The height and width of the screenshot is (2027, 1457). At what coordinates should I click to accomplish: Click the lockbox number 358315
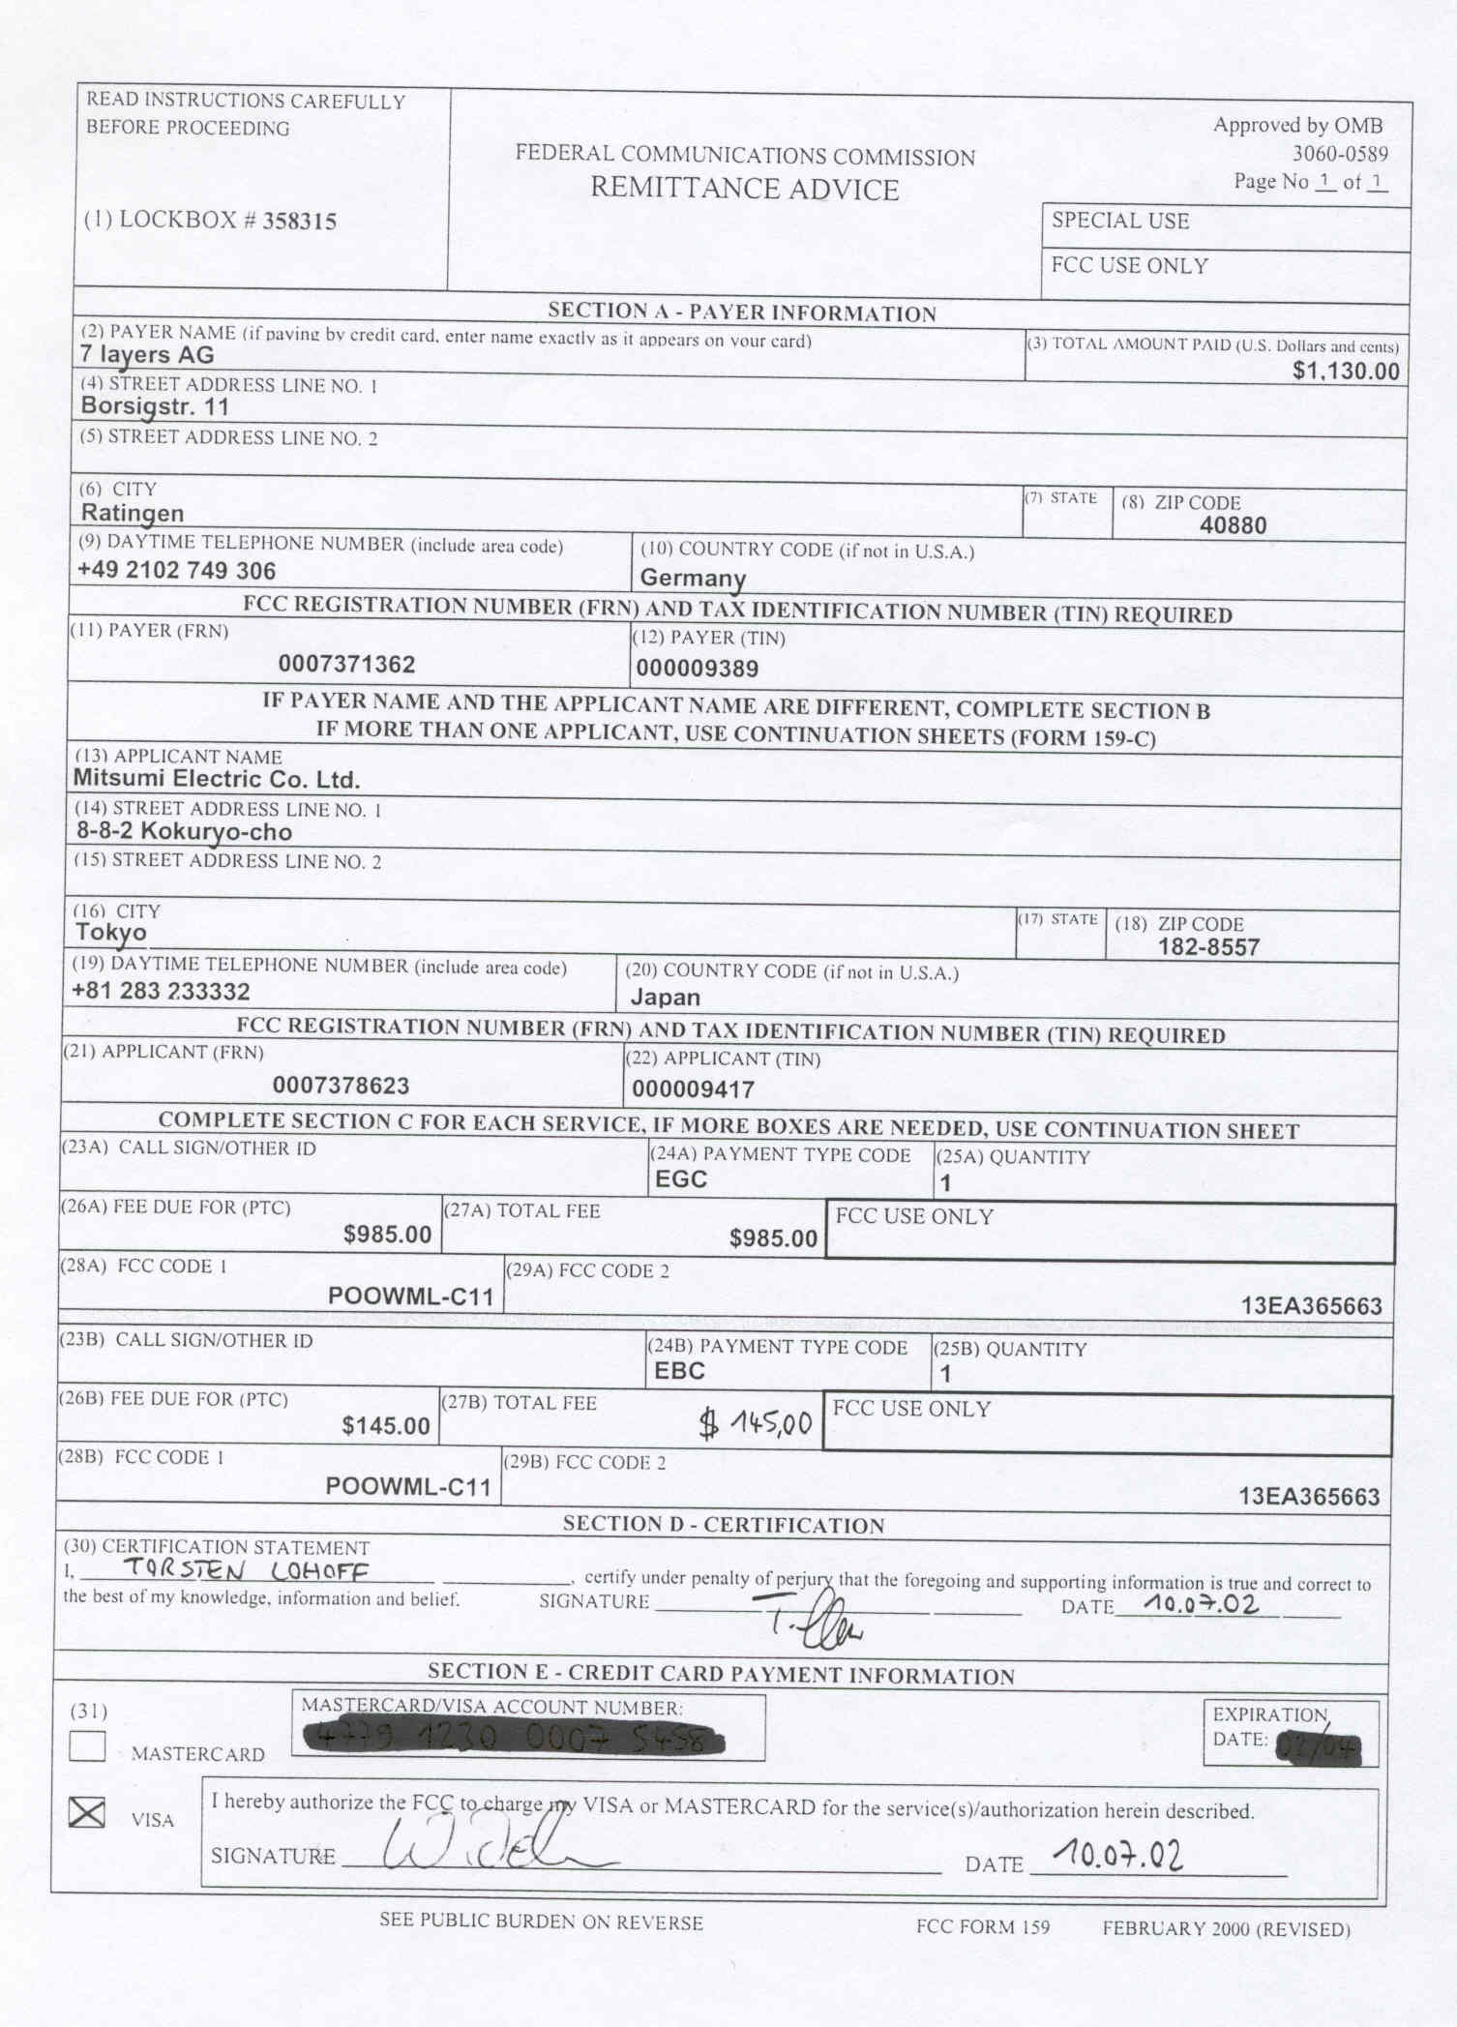299,222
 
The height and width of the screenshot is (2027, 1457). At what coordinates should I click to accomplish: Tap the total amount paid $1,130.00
1345,372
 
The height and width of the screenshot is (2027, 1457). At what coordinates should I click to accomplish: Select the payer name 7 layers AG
147,355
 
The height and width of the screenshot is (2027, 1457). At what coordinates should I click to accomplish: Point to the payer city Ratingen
132,513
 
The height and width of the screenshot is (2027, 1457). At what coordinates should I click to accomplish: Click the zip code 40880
1232,526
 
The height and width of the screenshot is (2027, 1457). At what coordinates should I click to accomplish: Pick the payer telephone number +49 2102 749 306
176,571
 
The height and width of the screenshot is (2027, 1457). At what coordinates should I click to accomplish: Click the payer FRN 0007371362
346,665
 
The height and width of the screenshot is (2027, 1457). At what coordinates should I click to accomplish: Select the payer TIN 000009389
697,669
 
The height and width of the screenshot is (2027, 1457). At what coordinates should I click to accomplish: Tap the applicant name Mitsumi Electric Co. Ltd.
217,780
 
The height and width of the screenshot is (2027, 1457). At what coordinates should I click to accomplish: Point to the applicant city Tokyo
111,933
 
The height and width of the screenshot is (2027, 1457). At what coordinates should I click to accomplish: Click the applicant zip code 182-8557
1208,947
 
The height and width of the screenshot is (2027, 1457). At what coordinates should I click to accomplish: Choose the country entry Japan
665,998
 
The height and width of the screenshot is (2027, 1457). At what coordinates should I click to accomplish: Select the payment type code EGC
680,1179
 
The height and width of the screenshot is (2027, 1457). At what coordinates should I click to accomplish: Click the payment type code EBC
679,1371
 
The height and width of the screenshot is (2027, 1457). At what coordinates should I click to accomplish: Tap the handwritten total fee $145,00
756,1423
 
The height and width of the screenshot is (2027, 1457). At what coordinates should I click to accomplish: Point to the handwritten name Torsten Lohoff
245,1571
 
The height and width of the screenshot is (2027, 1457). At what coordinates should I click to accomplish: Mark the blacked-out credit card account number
514,1740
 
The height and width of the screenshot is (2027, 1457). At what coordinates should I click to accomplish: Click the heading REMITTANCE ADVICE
744,189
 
